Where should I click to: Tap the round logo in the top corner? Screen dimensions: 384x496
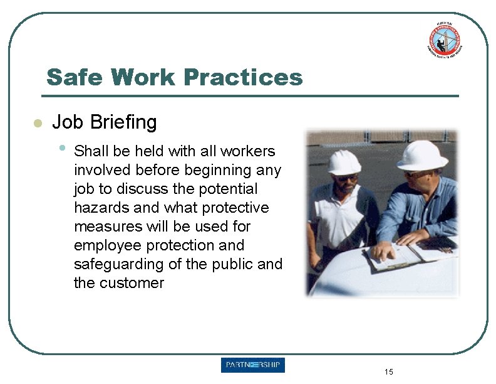pyautogui.click(x=446, y=40)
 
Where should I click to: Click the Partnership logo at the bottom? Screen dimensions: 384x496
pyautogui.click(x=252, y=365)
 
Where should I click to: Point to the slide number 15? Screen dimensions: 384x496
pyautogui.click(x=389, y=372)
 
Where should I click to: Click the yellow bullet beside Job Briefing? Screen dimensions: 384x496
pyautogui.click(x=38, y=123)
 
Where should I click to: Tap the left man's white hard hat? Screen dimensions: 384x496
pyautogui.click(x=344, y=162)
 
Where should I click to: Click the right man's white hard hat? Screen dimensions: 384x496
pyautogui.click(x=422, y=154)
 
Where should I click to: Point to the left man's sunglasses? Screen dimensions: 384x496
pyautogui.click(x=346, y=178)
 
